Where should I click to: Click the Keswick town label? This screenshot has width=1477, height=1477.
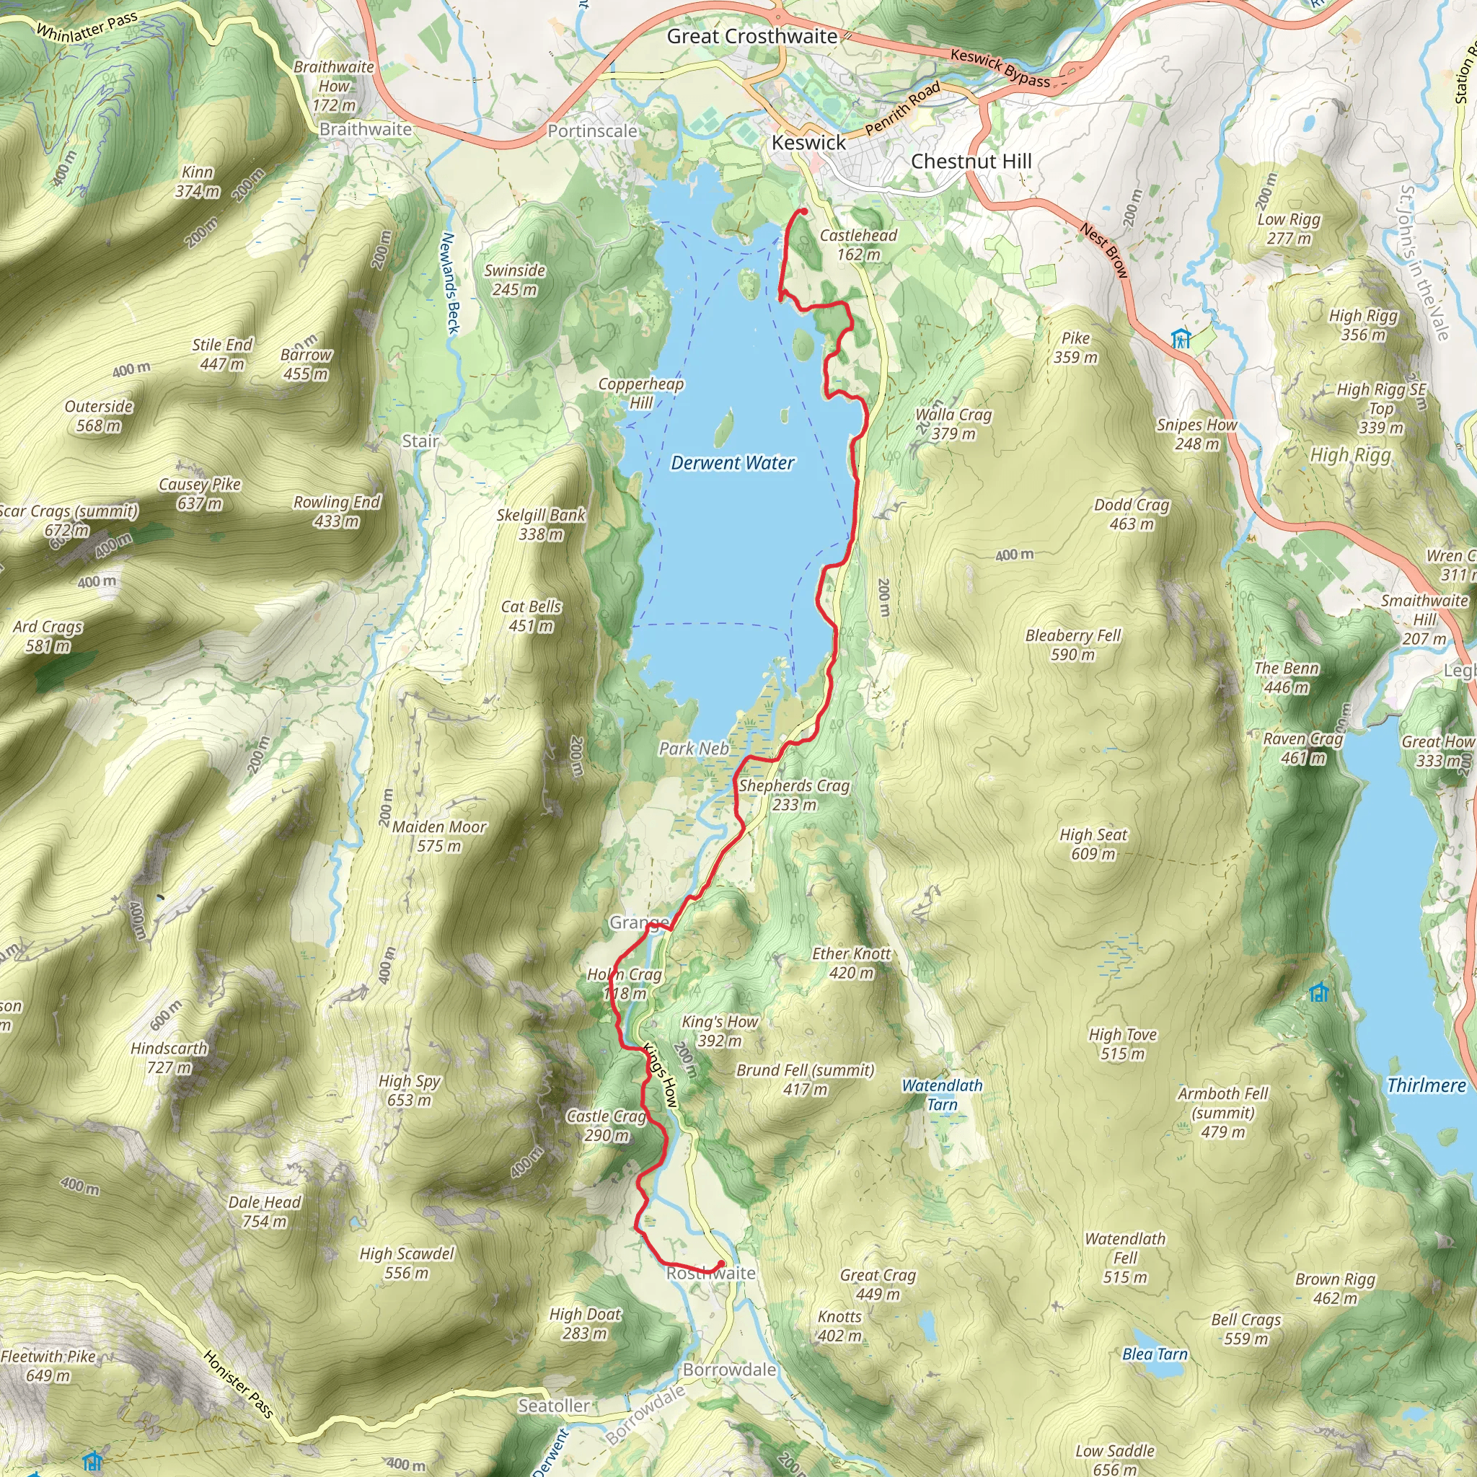(x=808, y=143)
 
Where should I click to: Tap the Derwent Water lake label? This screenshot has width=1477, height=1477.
(x=733, y=462)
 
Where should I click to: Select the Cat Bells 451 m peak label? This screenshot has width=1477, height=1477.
(x=531, y=615)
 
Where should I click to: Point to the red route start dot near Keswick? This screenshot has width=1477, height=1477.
(x=803, y=212)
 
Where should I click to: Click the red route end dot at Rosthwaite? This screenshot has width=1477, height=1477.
(x=721, y=1264)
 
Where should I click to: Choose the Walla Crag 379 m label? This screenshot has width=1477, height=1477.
(x=953, y=423)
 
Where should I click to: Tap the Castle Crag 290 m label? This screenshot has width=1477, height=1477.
(x=607, y=1125)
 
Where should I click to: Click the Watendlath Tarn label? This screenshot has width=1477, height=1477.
(x=942, y=1095)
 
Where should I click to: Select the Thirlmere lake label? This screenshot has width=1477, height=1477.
(x=1427, y=1085)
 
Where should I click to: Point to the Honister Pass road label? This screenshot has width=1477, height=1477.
(x=239, y=1384)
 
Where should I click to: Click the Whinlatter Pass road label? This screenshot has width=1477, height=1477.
(x=87, y=26)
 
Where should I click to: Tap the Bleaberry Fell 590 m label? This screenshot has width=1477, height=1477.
(x=1072, y=645)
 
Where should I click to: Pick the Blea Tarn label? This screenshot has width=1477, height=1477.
(x=1155, y=1354)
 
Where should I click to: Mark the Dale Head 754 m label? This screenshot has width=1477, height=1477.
(x=265, y=1211)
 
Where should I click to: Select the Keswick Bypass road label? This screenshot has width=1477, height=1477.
(x=1000, y=67)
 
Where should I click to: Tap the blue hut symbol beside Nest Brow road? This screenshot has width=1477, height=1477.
(x=1181, y=338)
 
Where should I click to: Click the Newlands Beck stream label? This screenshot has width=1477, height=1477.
(x=450, y=283)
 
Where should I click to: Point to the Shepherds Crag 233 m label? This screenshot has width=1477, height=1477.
(x=793, y=794)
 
